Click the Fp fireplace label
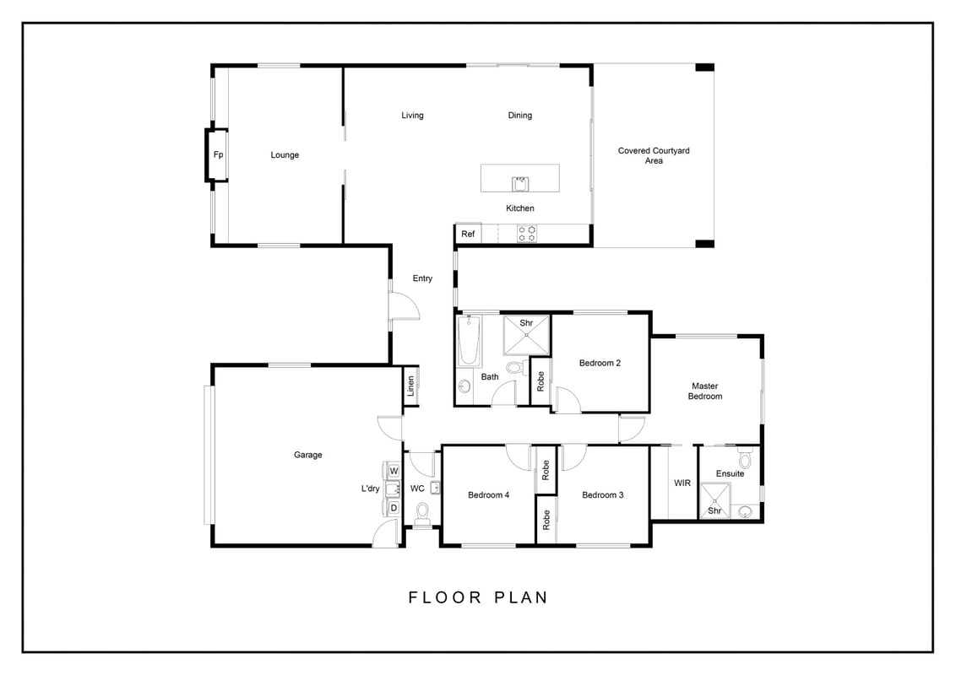218,154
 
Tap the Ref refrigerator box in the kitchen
468,234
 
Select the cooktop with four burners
527,234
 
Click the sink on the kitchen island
520,183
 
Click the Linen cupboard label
411,386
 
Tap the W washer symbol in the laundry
394,471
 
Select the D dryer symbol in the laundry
394,507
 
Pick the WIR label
682,483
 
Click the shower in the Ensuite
714,500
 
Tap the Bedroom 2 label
600,363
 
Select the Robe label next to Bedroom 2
540,381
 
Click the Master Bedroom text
705,391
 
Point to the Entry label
422,278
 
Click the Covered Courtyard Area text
654,155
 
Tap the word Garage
308,455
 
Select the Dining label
520,115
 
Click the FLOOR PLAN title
478,597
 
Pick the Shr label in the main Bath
526,323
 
